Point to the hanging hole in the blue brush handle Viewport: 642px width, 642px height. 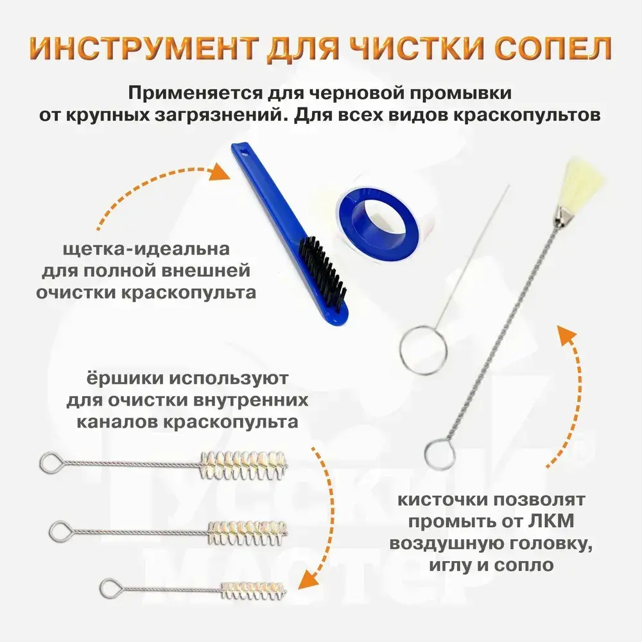click(245, 154)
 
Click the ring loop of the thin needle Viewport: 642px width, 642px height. click(423, 349)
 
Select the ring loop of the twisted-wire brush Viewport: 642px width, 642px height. click(439, 454)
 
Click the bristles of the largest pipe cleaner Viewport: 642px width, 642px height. click(243, 465)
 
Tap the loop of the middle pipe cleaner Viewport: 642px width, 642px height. click(61, 532)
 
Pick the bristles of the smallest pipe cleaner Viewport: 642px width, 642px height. click(254, 591)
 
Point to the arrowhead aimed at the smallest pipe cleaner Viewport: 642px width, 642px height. click(309, 579)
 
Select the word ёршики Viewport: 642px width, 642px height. click(125, 379)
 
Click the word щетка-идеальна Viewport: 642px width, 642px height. click(146, 249)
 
